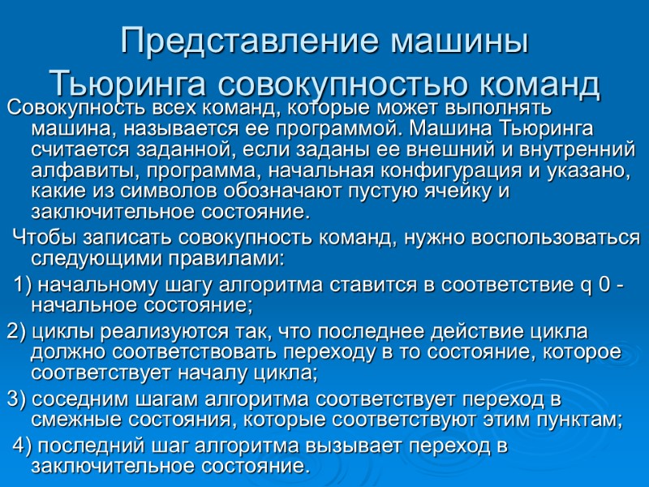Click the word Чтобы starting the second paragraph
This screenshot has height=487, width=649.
(x=45, y=238)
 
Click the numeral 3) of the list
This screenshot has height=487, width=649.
(x=16, y=399)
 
